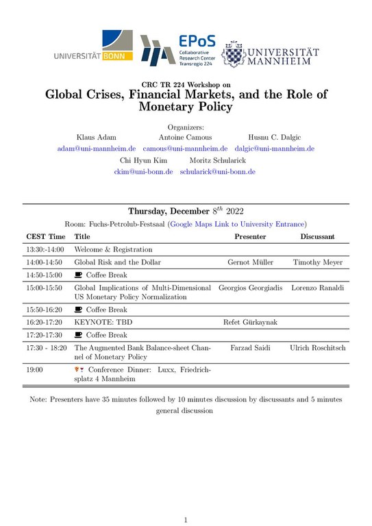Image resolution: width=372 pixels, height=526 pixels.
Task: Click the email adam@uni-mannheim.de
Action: pyautogui.click(x=97, y=148)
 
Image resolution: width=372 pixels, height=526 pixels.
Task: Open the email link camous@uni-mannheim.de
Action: pyautogui.click(x=185, y=148)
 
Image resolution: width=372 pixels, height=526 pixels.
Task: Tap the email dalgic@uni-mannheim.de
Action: pyautogui.click(x=274, y=148)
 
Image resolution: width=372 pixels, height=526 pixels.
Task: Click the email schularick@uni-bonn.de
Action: pyautogui.click(x=217, y=172)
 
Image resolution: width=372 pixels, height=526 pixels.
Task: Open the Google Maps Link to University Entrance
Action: pyautogui.click(x=237, y=223)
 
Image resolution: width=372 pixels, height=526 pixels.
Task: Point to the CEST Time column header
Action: pyautogui.click(x=46, y=236)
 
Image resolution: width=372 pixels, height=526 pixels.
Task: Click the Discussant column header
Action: pyautogui.click(x=317, y=236)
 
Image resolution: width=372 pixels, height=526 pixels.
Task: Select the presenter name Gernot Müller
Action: pyautogui.click(x=250, y=262)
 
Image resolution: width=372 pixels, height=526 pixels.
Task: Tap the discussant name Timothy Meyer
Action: pyautogui.click(x=317, y=262)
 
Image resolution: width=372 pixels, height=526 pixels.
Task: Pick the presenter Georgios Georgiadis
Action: pyautogui.click(x=250, y=288)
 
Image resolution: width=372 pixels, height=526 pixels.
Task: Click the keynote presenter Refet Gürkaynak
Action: pyautogui.click(x=250, y=322)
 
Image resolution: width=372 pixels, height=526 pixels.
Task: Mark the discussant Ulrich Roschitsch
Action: pyautogui.click(x=317, y=348)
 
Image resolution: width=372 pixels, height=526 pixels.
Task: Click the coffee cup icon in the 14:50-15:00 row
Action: pyautogui.click(x=78, y=275)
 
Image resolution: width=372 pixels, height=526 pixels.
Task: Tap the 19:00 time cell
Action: pyautogui.click(x=35, y=369)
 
